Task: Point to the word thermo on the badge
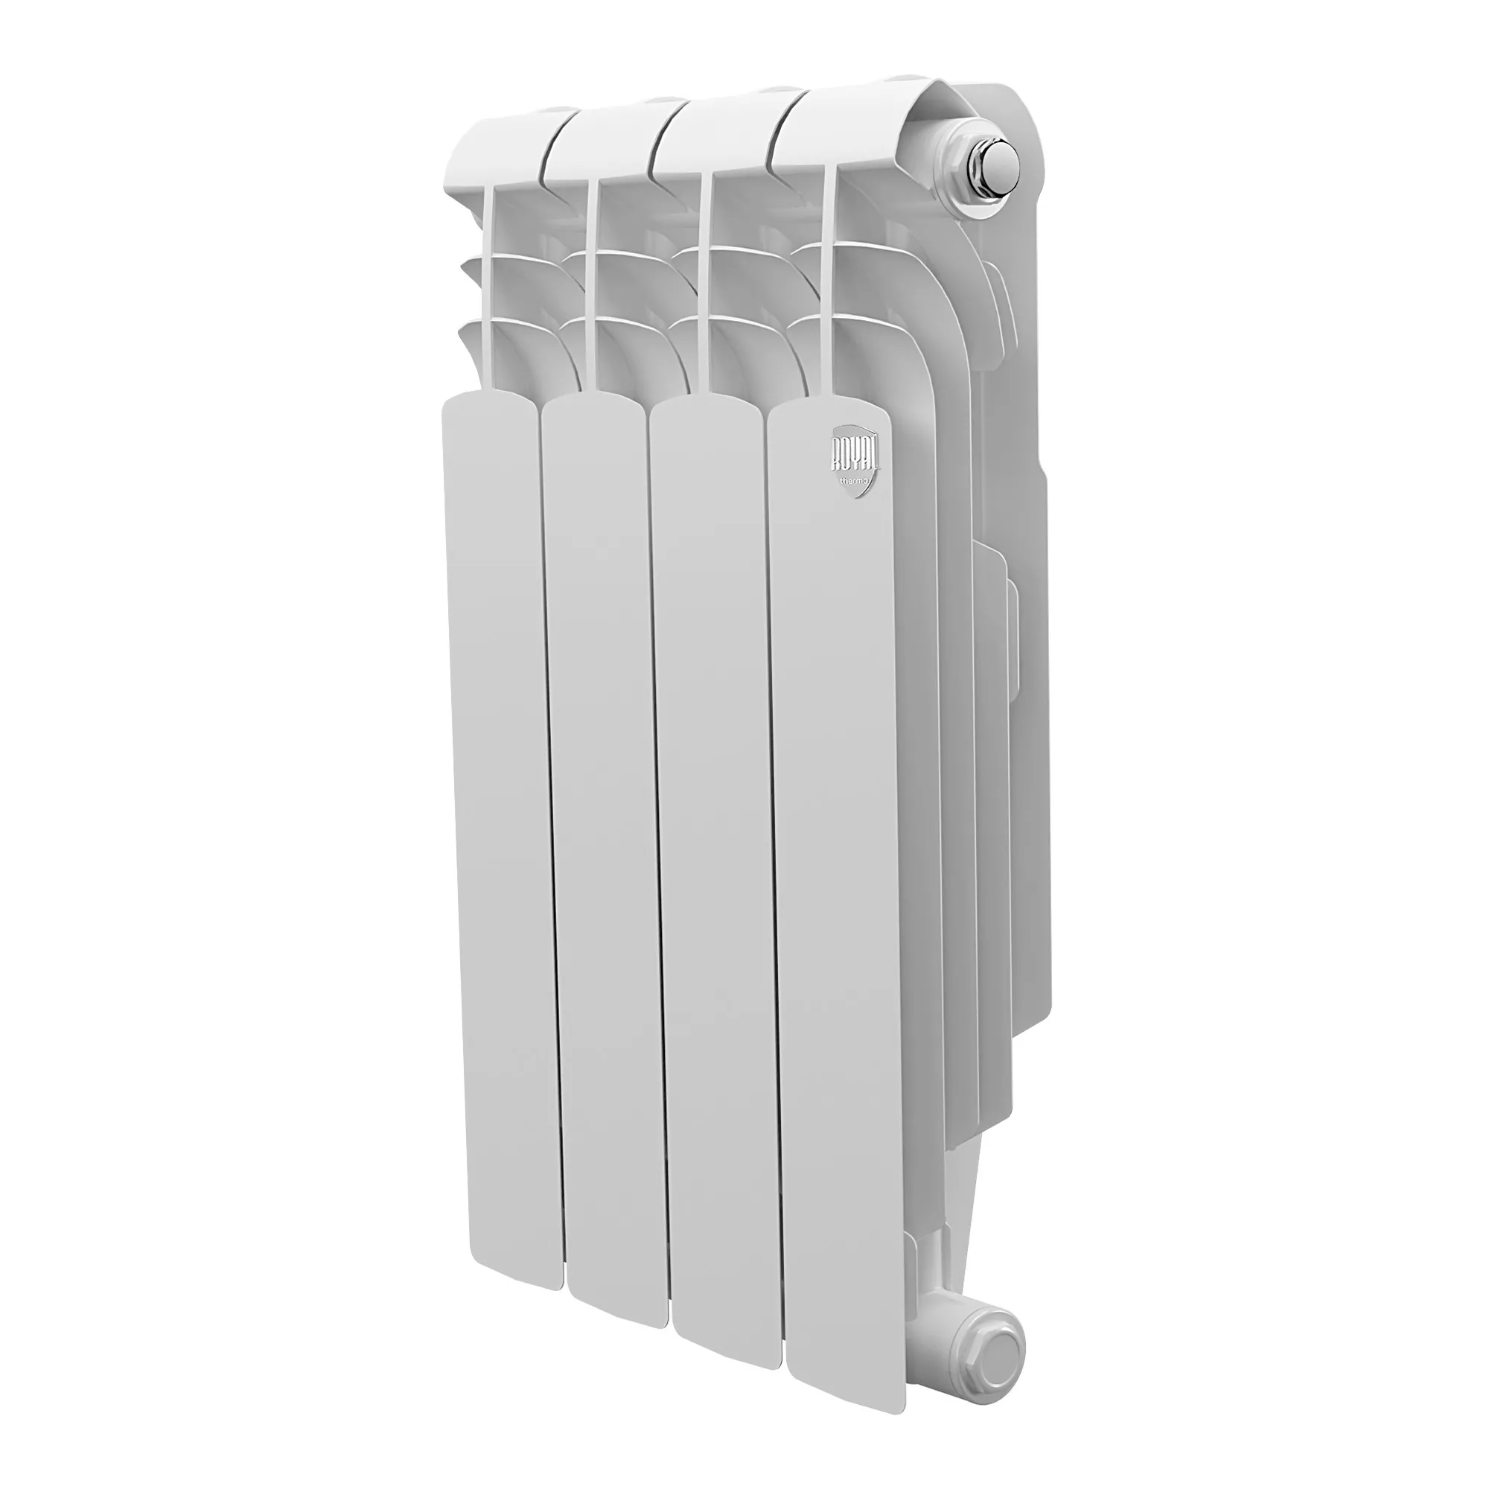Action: click(x=855, y=481)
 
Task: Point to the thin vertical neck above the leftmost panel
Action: click(x=490, y=293)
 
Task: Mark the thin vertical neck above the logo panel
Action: click(x=829, y=293)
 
